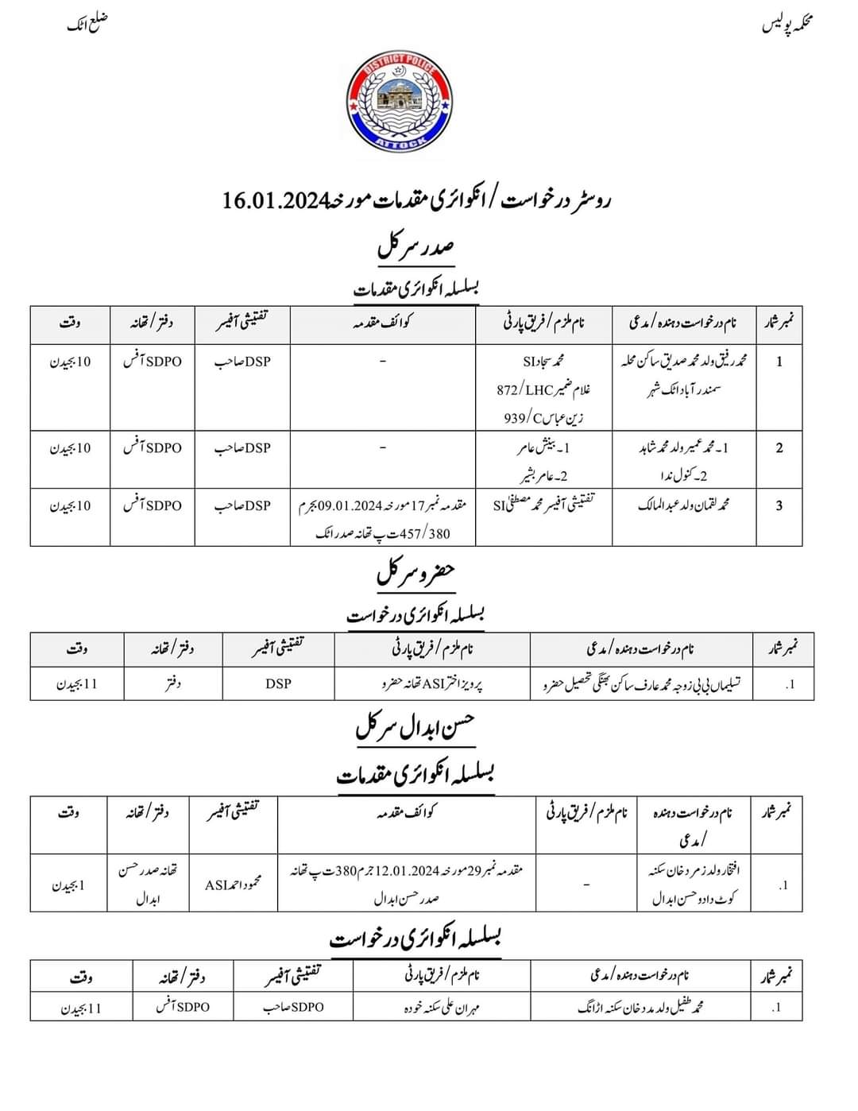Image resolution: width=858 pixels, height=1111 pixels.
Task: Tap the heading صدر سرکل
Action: point(415,246)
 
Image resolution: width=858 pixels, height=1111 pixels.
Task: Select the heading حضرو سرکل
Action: point(415,572)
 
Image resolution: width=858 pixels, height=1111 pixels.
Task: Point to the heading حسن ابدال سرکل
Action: point(415,726)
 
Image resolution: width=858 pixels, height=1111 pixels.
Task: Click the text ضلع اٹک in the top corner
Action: point(87,24)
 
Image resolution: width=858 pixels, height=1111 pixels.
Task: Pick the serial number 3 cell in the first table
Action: point(779,505)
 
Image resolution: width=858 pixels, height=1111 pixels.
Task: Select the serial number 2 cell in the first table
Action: point(779,448)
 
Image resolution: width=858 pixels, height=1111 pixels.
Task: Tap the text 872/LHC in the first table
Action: point(521,389)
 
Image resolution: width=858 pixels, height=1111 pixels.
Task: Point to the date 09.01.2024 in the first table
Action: point(357,505)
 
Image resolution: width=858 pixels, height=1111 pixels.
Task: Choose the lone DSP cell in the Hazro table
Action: point(278,683)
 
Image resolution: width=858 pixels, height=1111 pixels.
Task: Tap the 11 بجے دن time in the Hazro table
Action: point(76,683)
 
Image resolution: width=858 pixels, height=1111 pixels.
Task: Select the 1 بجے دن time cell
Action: point(68,885)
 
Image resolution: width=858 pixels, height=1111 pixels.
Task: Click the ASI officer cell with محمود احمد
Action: point(232,885)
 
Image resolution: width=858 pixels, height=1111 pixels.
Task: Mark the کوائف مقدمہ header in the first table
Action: point(383,323)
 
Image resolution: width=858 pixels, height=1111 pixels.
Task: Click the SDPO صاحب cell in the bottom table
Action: point(294,1007)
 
